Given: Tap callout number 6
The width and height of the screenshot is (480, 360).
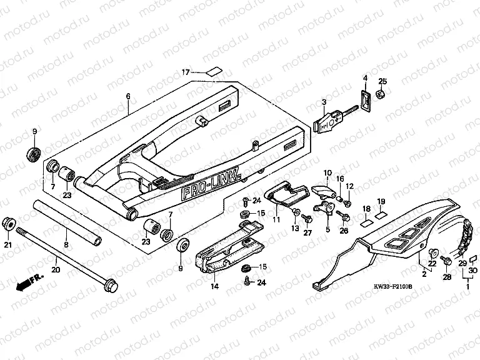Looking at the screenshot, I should click(x=128, y=96).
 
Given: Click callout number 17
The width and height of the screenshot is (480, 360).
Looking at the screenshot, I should click(x=186, y=72).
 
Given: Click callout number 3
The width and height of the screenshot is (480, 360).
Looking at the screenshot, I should click(x=324, y=102).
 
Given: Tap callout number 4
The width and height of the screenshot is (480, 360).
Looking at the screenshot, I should click(x=365, y=77).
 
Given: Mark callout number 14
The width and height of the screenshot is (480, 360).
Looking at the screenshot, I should click(x=214, y=287).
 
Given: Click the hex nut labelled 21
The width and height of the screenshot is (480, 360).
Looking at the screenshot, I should click(x=9, y=223).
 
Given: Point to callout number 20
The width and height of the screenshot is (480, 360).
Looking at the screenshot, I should click(x=56, y=270).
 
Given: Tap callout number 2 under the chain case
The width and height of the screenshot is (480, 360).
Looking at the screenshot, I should click(x=423, y=274).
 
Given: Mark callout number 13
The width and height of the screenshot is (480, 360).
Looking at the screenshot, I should click(x=295, y=229).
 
